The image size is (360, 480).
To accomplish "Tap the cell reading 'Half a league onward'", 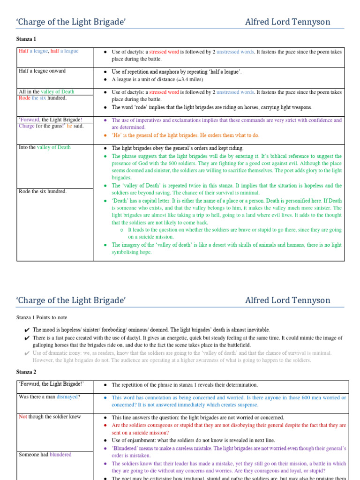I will [x=42, y=71].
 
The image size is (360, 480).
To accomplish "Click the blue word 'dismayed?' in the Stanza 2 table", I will [x=68, y=397].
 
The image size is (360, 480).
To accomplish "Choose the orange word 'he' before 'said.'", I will [x=70, y=126].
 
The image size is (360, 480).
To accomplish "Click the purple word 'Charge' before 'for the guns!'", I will [x=26, y=126].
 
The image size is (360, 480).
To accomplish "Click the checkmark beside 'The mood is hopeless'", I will [x=27, y=330].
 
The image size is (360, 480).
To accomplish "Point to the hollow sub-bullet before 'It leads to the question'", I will [x=121, y=230].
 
